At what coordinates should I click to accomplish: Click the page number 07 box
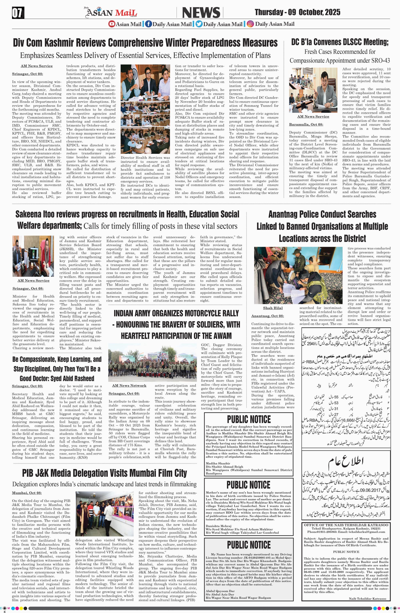click(18, 13)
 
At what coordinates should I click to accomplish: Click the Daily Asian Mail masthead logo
click(111, 12)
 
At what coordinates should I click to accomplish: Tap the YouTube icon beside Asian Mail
click(112, 24)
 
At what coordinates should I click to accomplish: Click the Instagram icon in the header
click(250, 24)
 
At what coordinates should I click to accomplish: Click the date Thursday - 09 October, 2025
click(297, 12)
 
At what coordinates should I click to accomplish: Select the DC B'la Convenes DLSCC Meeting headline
click(340, 42)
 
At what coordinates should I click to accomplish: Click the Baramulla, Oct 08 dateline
click(306, 124)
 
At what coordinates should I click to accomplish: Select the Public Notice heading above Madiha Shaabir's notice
click(249, 419)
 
